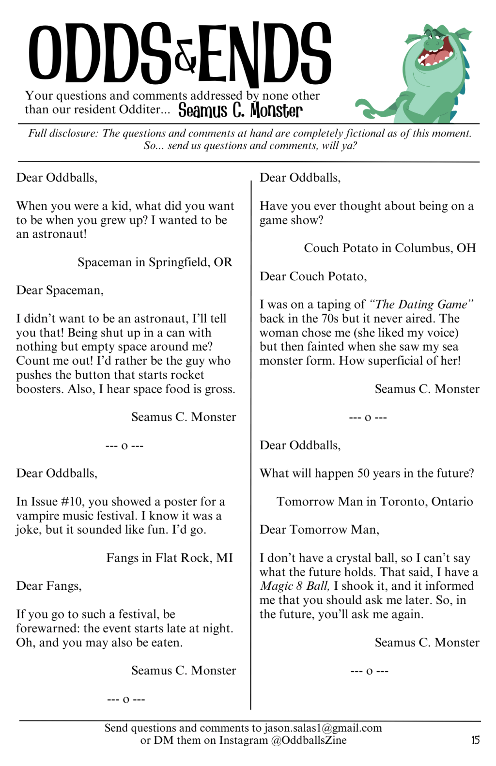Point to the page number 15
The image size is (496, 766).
(475, 740)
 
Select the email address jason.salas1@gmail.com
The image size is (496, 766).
(323, 728)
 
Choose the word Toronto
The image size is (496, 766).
(402, 501)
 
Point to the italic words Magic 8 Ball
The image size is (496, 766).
(294, 586)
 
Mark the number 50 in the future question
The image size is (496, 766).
(363, 473)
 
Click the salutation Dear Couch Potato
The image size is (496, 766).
(313, 276)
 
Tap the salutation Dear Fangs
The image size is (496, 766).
(49, 586)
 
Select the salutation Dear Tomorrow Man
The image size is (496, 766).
(319, 529)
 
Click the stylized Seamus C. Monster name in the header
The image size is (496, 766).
(240, 110)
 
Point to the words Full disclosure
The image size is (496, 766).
(63, 133)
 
